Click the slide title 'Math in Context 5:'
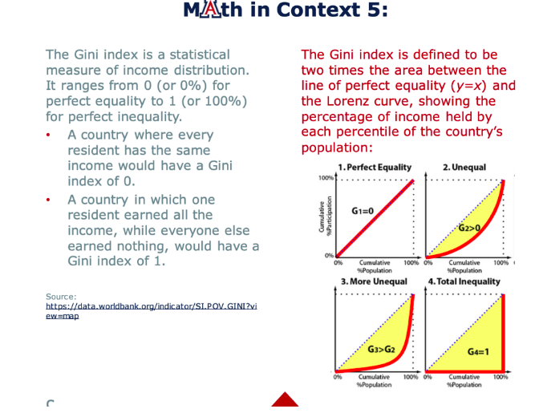click(x=285, y=10)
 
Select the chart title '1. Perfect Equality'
click(x=375, y=168)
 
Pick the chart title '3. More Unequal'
click(x=373, y=281)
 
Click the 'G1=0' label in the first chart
click(x=363, y=210)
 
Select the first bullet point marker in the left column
click(x=50, y=136)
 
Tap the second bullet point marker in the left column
click(x=50, y=200)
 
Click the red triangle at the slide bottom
click(x=285, y=400)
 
